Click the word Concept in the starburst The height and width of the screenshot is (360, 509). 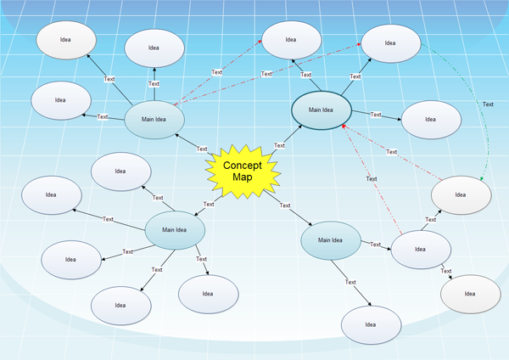pos(243,166)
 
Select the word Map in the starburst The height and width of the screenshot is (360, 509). pos(243,177)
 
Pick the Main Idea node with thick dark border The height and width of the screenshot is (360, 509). pos(321,110)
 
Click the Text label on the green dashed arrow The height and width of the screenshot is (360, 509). pos(488,104)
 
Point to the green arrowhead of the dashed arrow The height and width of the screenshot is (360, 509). pos(482,179)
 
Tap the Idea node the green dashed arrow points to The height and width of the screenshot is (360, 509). pos(461,194)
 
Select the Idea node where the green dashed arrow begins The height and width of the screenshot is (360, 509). pos(390,42)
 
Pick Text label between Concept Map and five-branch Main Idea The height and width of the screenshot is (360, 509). pos(209,204)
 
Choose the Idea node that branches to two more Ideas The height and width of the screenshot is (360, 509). pos(420,249)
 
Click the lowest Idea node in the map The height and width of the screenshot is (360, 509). pos(371,324)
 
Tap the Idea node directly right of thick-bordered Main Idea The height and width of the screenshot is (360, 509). pos(430,120)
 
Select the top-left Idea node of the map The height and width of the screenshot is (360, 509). pos(66,40)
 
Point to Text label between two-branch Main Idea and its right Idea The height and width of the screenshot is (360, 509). pos(375,245)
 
